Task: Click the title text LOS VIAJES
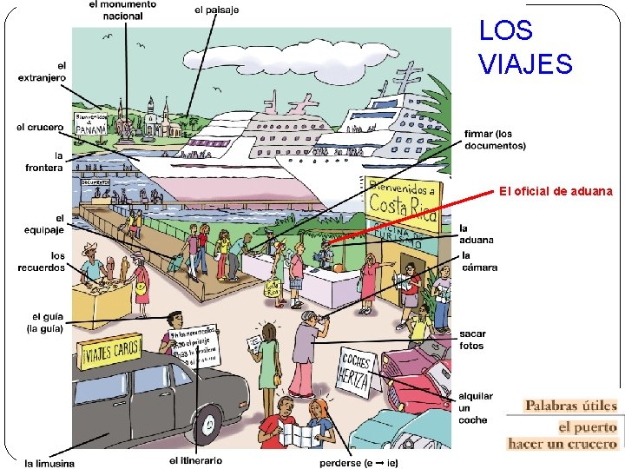525,47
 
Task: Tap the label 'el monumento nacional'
123,10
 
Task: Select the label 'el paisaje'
217,10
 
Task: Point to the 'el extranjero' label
42,71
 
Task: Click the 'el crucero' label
40,127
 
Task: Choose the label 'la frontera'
44,162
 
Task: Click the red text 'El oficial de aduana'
556,191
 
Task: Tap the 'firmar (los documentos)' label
495,140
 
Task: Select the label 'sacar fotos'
473,340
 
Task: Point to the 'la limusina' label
49,462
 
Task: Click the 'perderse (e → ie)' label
359,462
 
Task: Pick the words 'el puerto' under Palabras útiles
587,427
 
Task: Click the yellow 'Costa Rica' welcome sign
402,201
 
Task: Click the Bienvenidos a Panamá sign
91,124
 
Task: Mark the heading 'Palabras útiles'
570,406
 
